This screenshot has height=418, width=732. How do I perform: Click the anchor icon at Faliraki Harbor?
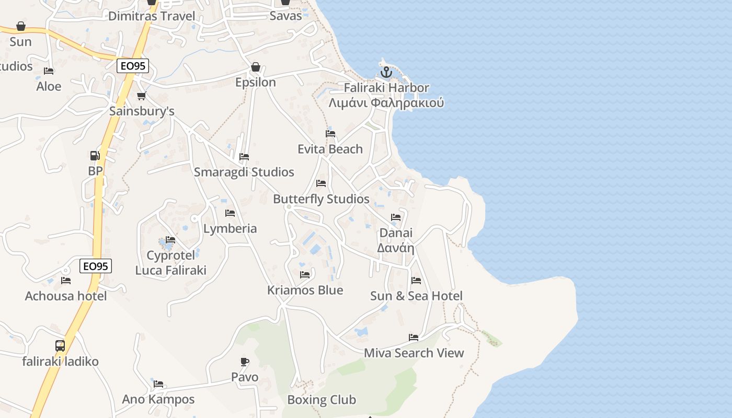point(386,73)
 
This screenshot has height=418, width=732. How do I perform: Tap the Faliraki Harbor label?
point(386,88)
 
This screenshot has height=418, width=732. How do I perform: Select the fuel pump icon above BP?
point(95,156)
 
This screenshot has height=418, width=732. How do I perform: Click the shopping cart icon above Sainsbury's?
point(141,96)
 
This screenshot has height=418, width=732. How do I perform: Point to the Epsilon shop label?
point(255,83)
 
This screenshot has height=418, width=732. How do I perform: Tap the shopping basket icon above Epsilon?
point(255,67)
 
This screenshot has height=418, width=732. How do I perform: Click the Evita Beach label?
point(330,149)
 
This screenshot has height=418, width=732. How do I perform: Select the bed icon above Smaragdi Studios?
point(244,157)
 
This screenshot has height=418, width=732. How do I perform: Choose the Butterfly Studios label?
point(321,199)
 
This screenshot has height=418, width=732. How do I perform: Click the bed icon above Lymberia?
point(230,213)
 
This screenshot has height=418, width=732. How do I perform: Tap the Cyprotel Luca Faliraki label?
point(170,263)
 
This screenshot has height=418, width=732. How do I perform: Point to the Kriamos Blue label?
point(305,291)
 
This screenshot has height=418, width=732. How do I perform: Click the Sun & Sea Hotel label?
point(416,296)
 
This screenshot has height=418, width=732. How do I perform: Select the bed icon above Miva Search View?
point(414,338)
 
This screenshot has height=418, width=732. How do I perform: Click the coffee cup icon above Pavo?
point(245,362)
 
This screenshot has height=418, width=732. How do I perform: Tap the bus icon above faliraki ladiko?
point(60,346)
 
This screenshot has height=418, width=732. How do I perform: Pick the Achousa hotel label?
point(66,296)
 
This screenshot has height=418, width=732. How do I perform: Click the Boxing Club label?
point(322,400)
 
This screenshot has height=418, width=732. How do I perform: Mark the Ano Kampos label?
point(158,400)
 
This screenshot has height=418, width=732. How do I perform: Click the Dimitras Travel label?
point(152,16)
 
